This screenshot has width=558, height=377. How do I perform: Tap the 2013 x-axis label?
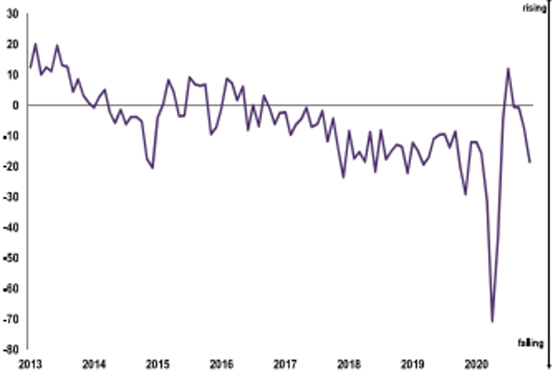click(29, 364)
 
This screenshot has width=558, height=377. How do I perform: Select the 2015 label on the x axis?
click(157, 364)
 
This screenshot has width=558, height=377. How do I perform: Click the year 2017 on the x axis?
click(284, 364)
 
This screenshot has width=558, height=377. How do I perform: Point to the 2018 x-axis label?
click(348, 364)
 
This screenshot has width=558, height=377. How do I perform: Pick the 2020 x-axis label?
click(476, 364)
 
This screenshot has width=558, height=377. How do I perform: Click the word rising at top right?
click(533, 7)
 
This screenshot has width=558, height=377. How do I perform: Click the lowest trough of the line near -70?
click(492, 321)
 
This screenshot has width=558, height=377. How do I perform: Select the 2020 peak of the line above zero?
click(509, 69)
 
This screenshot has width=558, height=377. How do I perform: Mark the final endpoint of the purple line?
click(530, 162)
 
